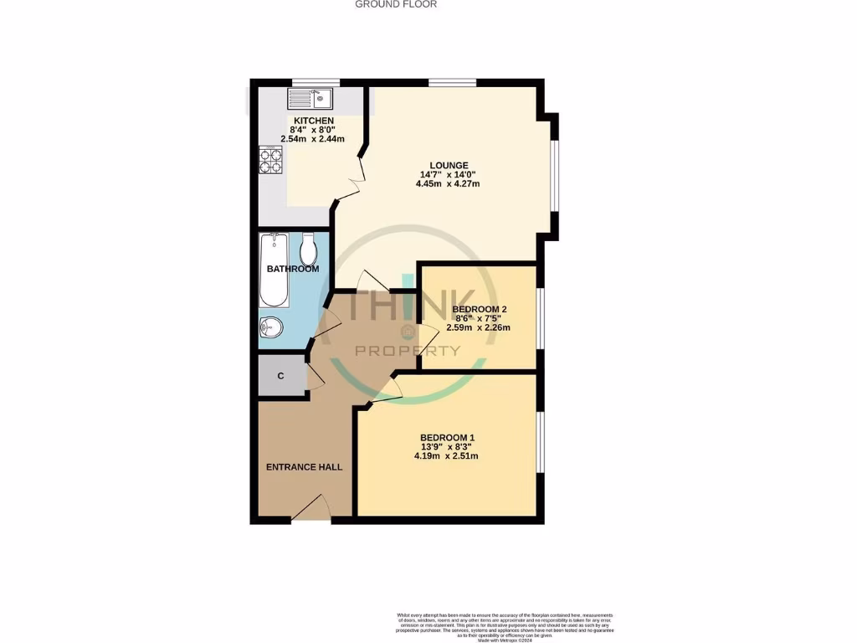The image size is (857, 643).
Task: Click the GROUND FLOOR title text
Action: click(x=396, y=4)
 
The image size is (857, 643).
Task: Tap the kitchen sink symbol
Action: click(x=310, y=100)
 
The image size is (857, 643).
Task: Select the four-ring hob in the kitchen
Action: click(x=270, y=159)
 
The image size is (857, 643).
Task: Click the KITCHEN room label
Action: click(x=314, y=121)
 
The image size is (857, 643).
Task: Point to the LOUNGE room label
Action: click(x=449, y=166)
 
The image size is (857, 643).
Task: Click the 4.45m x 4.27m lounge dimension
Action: click(x=447, y=184)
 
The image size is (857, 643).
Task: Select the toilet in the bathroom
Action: click(x=308, y=249)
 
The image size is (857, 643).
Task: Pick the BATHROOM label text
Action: click(x=293, y=269)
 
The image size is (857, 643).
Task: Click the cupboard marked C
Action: click(x=280, y=376)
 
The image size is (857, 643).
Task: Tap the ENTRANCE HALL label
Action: click(x=304, y=467)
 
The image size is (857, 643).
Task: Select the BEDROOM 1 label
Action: click(x=447, y=438)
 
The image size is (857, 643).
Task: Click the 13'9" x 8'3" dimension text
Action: click(x=447, y=447)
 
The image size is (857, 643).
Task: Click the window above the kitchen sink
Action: click(x=315, y=82)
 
